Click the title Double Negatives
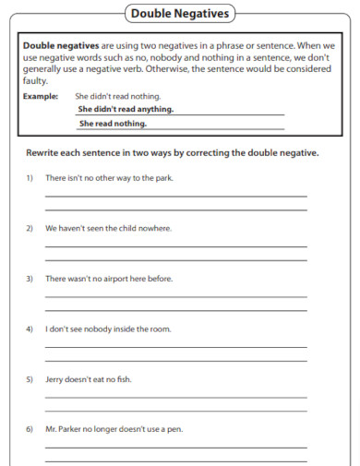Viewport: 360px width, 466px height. point(179,14)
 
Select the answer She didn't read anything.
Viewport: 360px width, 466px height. point(126,109)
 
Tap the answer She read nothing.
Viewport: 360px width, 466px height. point(113,123)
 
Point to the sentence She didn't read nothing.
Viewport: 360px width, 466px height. point(117,96)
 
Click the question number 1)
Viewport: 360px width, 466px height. point(30,177)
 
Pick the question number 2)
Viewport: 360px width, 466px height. point(30,228)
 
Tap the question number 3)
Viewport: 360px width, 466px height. point(30,278)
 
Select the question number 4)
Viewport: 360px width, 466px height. point(30,329)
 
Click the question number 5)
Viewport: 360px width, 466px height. point(30,378)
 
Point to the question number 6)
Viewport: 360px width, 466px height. point(30,429)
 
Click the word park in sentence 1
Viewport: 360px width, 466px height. point(162,177)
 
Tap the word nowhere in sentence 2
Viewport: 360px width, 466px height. point(154,228)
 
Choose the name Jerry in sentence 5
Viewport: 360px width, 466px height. point(54,378)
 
